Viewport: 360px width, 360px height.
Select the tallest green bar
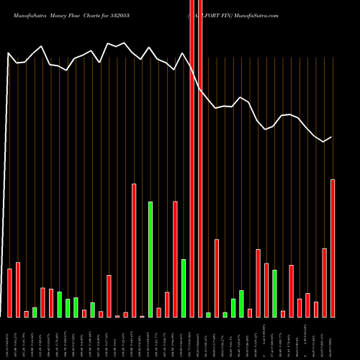(x=150, y=259)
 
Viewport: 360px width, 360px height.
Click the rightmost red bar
(x=333, y=248)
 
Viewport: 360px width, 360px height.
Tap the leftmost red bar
(x=10, y=293)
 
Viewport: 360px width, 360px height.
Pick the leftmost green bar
(x=35, y=312)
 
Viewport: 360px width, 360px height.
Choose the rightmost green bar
(x=274, y=294)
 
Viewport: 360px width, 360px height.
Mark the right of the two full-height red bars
(x=200, y=158)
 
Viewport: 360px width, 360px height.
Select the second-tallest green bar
(x=184, y=288)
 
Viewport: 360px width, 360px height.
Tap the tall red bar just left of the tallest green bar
(x=134, y=251)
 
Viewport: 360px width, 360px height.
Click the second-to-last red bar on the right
(x=324, y=283)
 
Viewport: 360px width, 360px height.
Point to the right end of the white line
(x=332, y=137)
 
